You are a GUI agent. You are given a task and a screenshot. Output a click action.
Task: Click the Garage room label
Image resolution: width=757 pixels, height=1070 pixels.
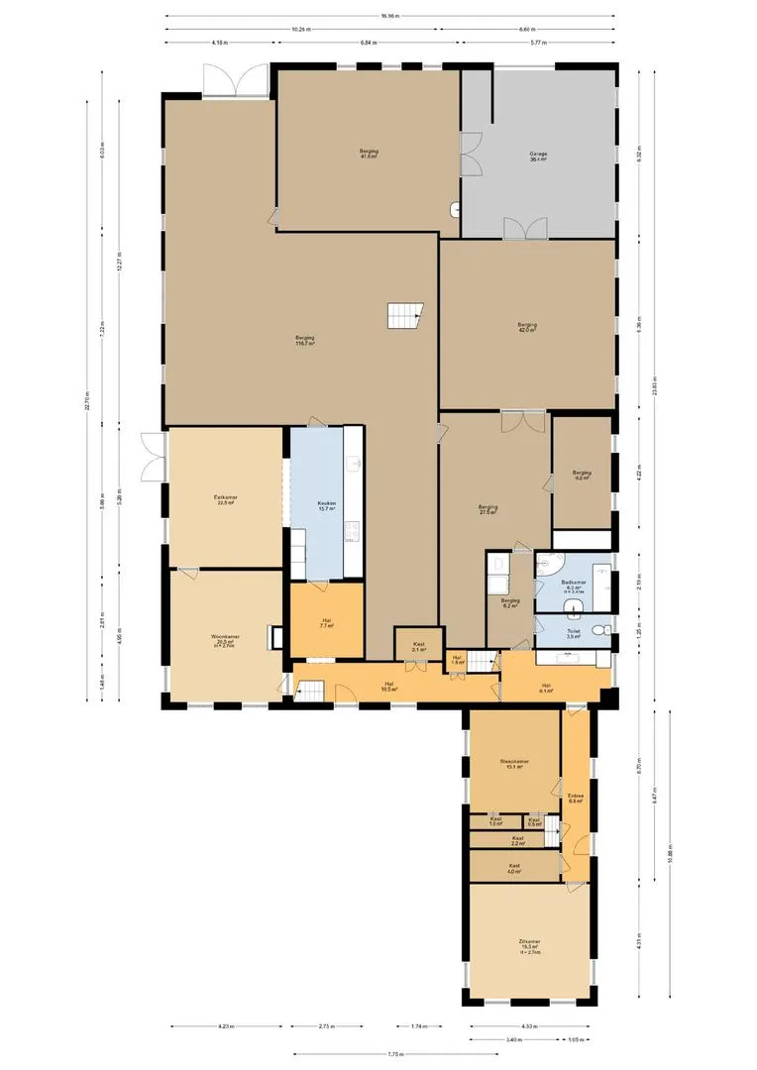(538, 157)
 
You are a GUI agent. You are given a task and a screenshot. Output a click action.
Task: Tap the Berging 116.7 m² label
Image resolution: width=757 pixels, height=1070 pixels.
(304, 341)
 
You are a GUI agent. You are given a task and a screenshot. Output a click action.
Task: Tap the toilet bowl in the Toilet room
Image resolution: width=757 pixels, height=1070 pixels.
(598, 631)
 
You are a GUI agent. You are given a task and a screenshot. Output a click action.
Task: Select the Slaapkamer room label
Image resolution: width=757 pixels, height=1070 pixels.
(514, 764)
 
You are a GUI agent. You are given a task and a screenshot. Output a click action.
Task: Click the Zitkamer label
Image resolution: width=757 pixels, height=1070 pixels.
(528, 944)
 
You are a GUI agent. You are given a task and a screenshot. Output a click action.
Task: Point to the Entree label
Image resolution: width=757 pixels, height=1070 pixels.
(575, 798)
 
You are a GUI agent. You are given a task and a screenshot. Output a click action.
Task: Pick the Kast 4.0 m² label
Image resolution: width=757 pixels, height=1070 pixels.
(514, 868)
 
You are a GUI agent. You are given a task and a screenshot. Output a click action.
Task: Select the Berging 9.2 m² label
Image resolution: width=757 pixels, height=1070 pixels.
(582, 475)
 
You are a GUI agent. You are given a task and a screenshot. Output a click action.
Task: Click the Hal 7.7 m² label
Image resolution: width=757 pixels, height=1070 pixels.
(326, 623)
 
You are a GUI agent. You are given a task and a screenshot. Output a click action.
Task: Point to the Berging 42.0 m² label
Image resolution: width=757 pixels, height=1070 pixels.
(527, 327)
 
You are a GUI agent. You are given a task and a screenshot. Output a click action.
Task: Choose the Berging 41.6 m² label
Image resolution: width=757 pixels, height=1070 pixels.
(369, 154)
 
